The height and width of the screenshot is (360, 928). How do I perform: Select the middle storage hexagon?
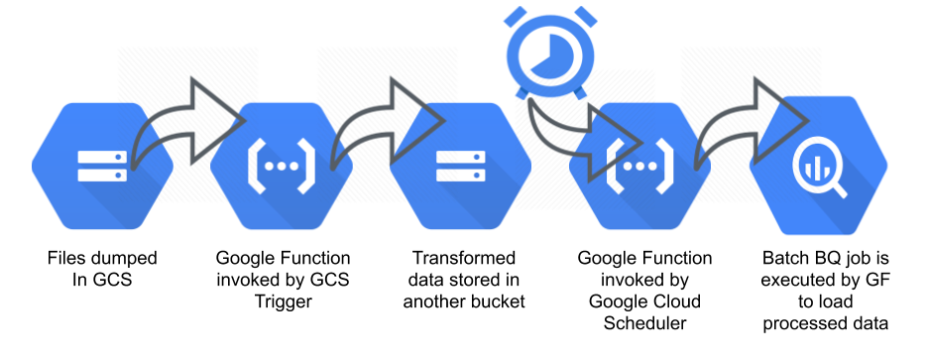coord(457,166)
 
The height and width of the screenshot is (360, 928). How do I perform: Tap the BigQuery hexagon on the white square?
coord(819,166)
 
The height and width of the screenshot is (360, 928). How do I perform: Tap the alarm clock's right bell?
coord(585,15)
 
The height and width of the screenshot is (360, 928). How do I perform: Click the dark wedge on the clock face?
coord(541,55)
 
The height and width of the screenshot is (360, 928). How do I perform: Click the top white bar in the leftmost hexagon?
coord(102,157)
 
